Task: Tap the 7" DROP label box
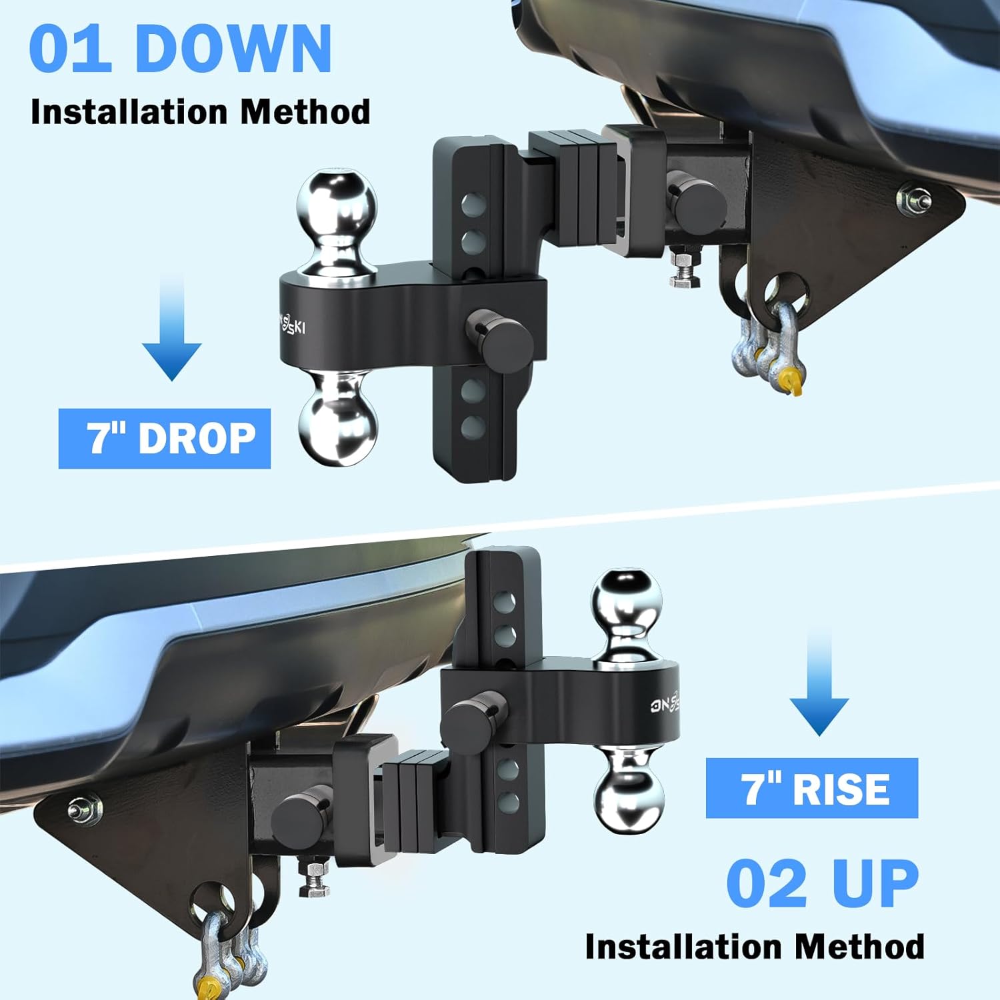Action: point(165,439)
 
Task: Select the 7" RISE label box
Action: point(812,788)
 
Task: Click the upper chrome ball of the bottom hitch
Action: point(627,601)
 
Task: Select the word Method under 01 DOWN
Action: point(305,111)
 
